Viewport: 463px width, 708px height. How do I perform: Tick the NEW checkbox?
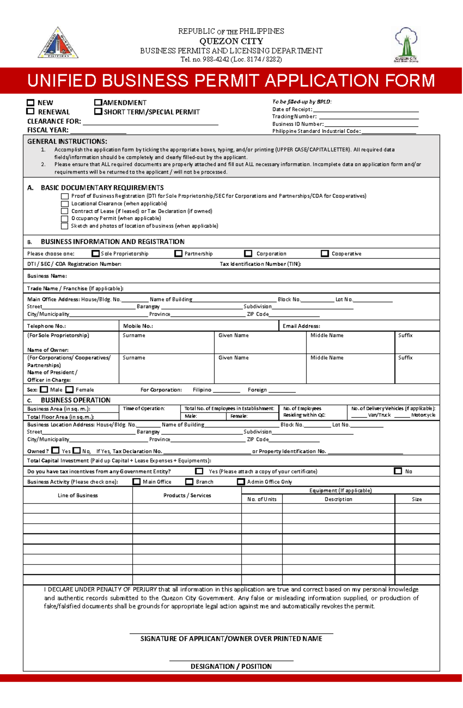coord(30,103)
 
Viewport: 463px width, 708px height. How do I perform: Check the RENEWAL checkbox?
coord(30,112)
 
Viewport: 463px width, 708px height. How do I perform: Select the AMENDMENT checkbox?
coord(98,103)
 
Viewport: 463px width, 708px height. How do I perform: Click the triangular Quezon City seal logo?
coord(58,44)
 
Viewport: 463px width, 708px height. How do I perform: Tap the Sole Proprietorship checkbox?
coord(95,253)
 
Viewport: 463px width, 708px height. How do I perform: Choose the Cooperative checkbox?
coord(325,253)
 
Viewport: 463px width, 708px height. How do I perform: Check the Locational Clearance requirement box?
coord(65,204)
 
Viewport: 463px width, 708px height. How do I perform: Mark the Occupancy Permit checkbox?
coord(65,218)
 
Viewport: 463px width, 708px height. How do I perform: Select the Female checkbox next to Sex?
coord(69,390)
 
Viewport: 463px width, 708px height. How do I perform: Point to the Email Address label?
coord(301,326)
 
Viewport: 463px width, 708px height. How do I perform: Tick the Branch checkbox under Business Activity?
coord(189,482)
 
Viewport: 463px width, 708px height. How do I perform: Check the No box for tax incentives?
coord(398,471)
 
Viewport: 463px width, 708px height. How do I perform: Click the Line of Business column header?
coord(78,495)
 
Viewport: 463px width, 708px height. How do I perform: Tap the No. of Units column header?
coord(262,499)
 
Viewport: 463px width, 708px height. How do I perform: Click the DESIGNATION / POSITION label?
coord(231,666)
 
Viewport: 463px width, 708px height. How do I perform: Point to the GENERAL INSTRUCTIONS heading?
coord(67,142)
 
